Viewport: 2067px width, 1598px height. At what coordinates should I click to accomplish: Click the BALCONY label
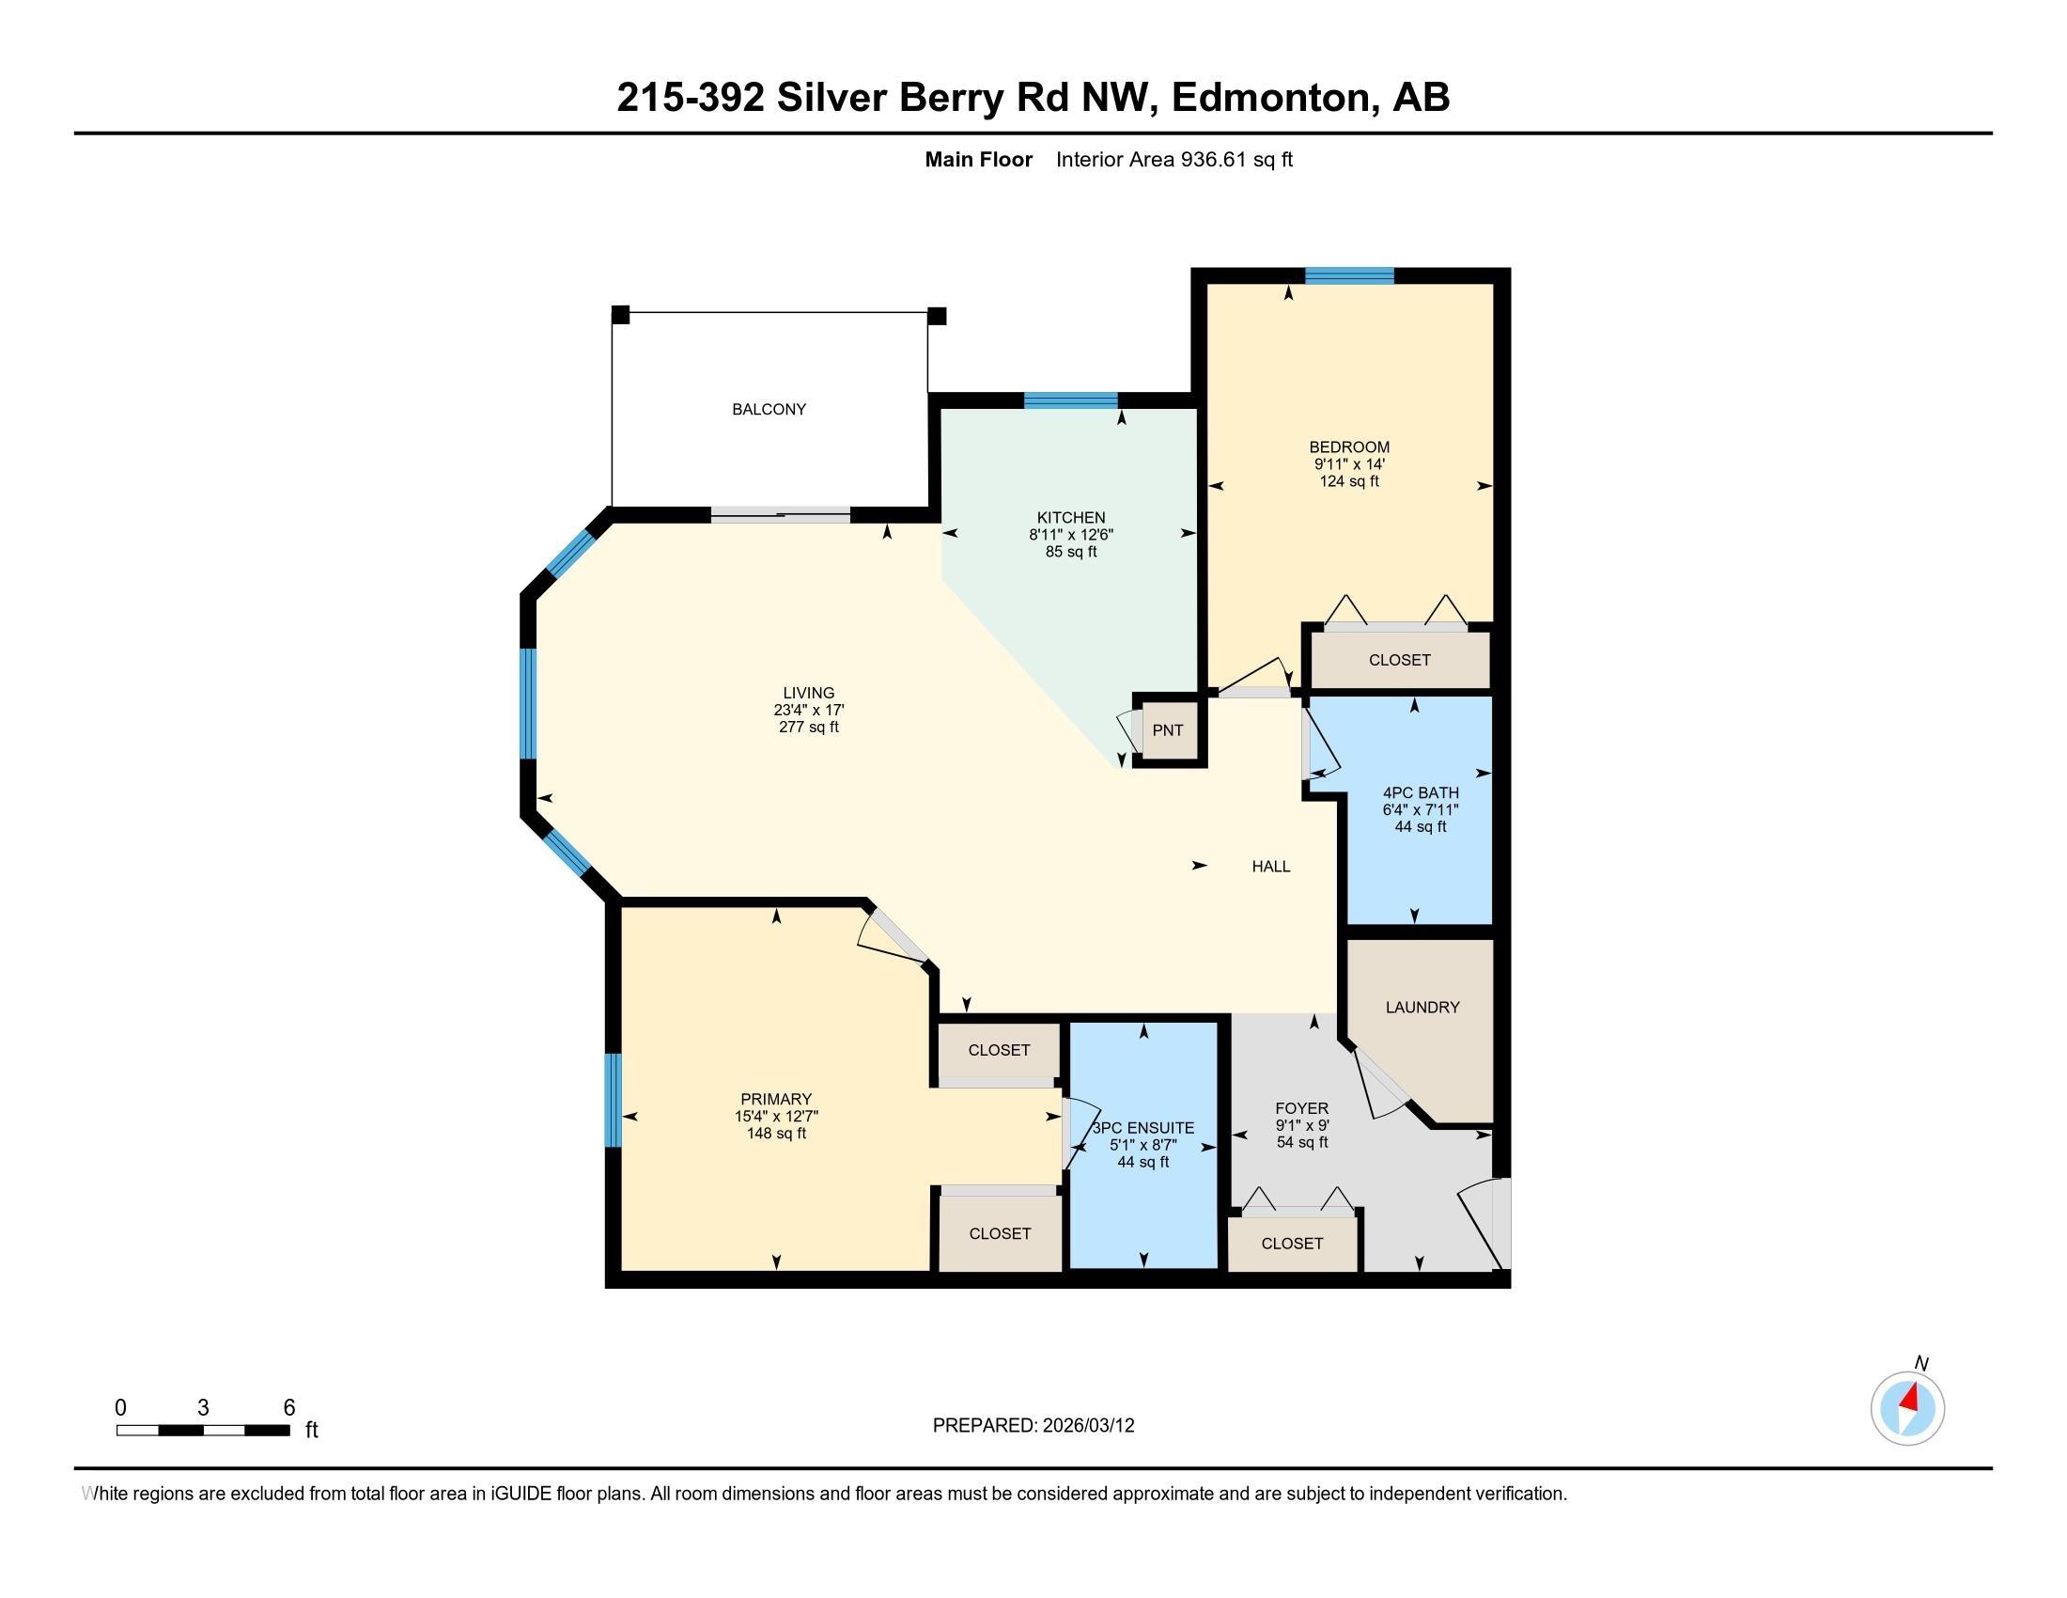769,409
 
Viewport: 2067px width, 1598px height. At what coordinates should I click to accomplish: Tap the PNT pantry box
1167,730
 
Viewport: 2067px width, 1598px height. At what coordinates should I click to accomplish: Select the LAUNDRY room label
1422,1008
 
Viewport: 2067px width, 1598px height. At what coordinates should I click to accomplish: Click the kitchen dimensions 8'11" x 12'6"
1070,534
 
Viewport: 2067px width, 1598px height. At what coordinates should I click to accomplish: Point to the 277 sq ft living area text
808,727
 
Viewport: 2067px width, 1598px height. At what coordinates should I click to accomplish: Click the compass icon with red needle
1907,1408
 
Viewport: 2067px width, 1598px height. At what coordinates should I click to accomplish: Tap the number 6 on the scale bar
289,1407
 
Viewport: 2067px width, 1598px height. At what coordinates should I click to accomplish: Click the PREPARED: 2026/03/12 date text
1033,1425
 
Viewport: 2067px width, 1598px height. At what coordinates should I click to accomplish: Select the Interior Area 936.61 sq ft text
1173,160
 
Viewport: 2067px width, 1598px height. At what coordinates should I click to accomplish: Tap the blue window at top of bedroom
1348,275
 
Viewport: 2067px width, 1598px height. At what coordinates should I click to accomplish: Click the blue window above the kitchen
1070,399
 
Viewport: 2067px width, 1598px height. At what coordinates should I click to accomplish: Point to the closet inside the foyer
1291,1243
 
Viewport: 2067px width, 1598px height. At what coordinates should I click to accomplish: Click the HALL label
1270,867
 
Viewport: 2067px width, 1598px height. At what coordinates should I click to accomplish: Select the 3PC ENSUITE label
1143,1127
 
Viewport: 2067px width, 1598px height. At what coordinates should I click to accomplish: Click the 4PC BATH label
1420,792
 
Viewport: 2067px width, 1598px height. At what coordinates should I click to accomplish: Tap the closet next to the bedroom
1399,660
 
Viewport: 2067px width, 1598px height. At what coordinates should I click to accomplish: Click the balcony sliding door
781,515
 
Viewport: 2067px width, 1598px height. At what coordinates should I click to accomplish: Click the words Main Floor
978,160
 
